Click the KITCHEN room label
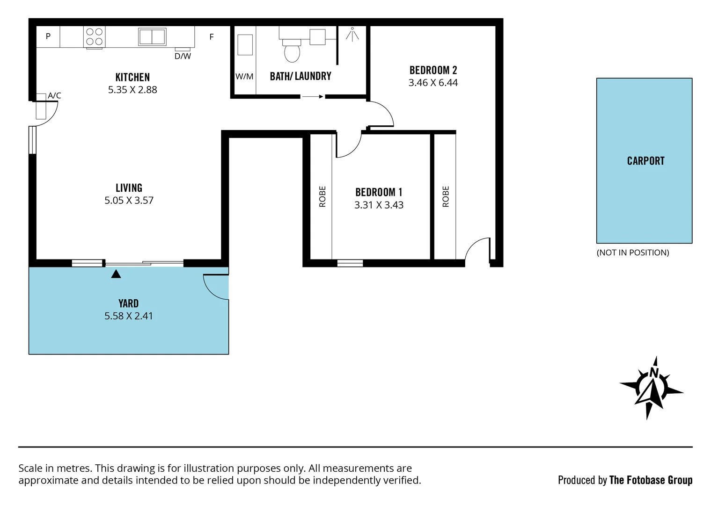pos(132,77)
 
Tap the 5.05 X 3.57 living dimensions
pos(129,201)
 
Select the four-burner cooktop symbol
pos(95,37)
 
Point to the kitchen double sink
pos(152,36)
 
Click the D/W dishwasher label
pos(183,57)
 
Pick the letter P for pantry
pos(48,36)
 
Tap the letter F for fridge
pos(212,37)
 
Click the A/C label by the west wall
pos(54,95)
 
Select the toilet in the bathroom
pos(292,51)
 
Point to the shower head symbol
pos(352,34)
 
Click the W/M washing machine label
pos(244,77)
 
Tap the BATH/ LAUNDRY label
pos(301,76)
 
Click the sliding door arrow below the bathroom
pos(313,97)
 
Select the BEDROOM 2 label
pos(433,70)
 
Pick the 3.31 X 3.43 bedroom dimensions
pos(379,205)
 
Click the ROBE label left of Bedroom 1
pos(323,196)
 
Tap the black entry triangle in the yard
pos(116,274)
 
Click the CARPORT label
pos(645,161)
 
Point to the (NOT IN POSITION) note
pos(632,252)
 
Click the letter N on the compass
pos(654,372)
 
